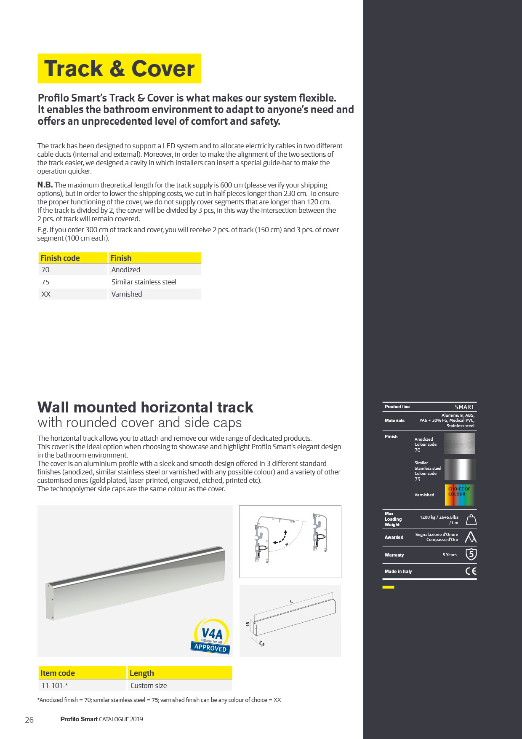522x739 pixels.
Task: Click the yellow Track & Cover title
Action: click(x=119, y=69)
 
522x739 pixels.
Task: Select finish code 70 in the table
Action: click(x=45, y=270)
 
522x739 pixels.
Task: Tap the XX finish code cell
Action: click(x=46, y=294)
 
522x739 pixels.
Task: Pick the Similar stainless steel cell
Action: click(x=144, y=282)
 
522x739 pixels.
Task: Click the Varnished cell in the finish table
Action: click(x=127, y=294)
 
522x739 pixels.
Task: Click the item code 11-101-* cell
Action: click(x=55, y=685)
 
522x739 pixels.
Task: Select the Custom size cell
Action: click(x=149, y=685)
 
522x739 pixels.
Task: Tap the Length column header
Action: click(x=142, y=673)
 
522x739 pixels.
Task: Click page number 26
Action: click(x=29, y=720)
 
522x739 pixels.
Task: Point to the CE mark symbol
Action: click(x=471, y=571)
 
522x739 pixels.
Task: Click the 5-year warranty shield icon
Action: click(x=471, y=554)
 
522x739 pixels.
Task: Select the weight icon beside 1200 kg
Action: click(x=471, y=520)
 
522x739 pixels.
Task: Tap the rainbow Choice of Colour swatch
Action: click(x=460, y=495)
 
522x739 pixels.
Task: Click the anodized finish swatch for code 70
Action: click(x=460, y=444)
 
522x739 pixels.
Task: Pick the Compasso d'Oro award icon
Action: click(x=471, y=537)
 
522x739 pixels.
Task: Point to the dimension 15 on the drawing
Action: click(x=248, y=624)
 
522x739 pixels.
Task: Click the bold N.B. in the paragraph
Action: click(x=45, y=185)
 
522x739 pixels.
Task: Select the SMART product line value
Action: click(x=464, y=407)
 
